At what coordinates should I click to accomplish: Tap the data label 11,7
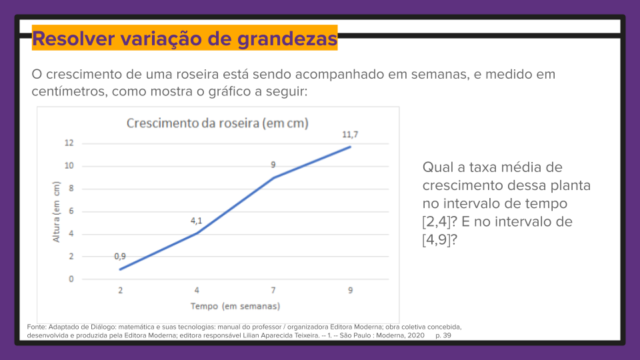(x=351, y=135)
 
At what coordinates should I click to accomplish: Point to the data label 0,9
(x=120, y=256)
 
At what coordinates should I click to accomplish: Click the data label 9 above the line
(x=273, y=165)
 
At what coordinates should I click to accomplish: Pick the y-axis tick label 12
(x=69, y=143)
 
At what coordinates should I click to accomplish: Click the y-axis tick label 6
(x=71, y=211)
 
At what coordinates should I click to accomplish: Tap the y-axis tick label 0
(x=71, y=279)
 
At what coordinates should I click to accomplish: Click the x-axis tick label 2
(x=120, y=291)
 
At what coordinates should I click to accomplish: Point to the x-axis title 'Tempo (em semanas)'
(x=235, y=306)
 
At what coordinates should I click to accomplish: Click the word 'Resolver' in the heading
(x=72, y=39)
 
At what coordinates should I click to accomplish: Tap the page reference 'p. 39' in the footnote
(x=443, y=336)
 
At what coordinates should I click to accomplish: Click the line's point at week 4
(x=197, y=233)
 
